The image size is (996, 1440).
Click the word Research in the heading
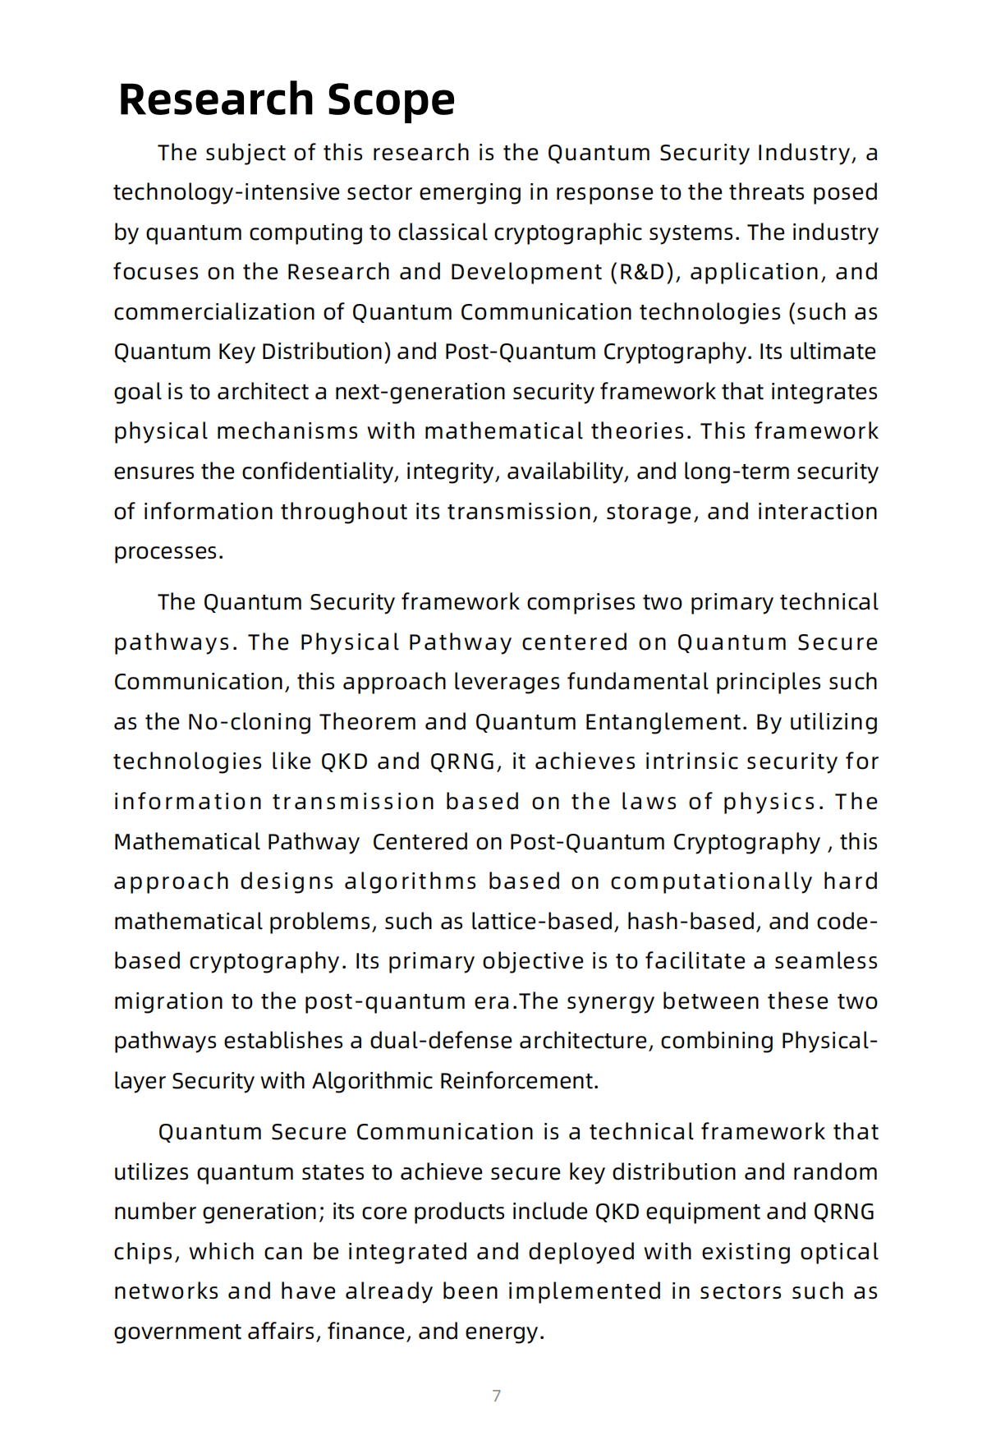tap(216, 100)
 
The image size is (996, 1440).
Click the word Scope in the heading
tap(391, 100)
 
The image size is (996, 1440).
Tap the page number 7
tap(496, 1396)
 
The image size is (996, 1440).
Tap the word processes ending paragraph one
tap(168, 551)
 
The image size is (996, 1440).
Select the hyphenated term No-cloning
tap(249, 722)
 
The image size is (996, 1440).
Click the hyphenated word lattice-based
tap(543, 922)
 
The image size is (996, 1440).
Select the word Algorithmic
tap(373, 1081)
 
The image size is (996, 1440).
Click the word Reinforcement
tap(518, 1081)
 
